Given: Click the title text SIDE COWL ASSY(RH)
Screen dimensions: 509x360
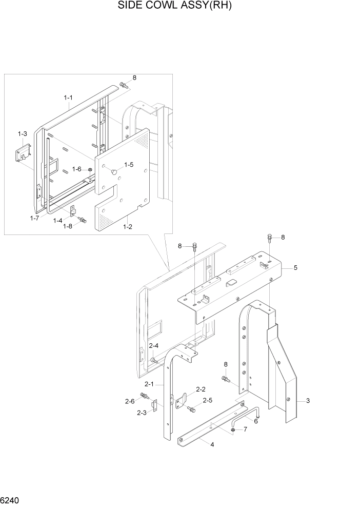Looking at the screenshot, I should tap(179, 6).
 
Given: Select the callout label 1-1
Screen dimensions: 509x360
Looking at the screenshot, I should tap(68, 97).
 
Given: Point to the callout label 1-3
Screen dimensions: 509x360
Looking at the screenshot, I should tap(22, 134).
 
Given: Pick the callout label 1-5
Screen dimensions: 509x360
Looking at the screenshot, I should tap(128, 165).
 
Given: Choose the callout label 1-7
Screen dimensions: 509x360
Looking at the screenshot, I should tap(34, 219).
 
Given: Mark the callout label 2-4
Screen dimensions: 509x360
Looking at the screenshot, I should tap(154, 346).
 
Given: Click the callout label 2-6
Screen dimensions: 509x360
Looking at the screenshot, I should tap(130, 401).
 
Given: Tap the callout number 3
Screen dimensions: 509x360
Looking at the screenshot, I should tap(307, 400).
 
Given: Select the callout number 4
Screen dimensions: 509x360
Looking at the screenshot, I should tap(212, 444).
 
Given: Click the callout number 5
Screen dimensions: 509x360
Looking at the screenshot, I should tap(295, 268).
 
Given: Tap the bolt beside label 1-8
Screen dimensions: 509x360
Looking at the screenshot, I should tap(81, 220).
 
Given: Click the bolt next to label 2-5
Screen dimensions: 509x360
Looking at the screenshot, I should tap(192, 409).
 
